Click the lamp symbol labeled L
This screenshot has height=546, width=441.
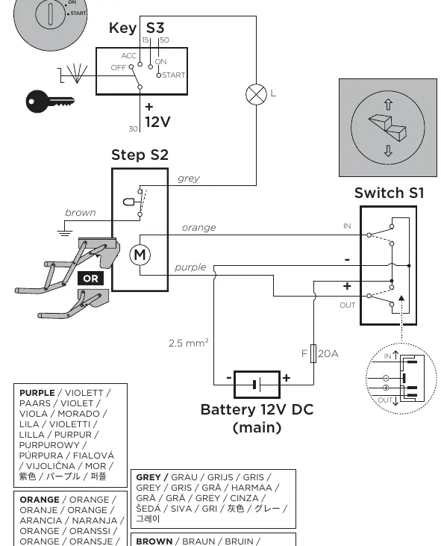257,94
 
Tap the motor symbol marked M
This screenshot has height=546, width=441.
140,255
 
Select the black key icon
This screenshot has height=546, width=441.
50,102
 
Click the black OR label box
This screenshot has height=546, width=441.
90,279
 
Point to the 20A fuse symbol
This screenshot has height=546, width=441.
313,353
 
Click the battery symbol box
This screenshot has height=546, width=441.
257,385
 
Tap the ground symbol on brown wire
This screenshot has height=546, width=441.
65,232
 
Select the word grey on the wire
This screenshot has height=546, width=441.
189,179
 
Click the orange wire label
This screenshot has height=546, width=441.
198,228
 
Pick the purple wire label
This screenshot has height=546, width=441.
190,267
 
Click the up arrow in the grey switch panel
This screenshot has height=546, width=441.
388,105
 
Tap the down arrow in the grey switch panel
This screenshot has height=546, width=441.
388,151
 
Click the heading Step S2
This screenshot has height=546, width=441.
140,155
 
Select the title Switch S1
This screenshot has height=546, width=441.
390,193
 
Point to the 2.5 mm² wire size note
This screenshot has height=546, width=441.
189,343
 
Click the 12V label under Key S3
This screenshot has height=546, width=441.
157,122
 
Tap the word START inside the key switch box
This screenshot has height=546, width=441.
174,75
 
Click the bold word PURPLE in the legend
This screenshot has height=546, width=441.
37,393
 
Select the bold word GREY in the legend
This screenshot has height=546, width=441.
148,477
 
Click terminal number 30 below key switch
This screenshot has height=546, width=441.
134,128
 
